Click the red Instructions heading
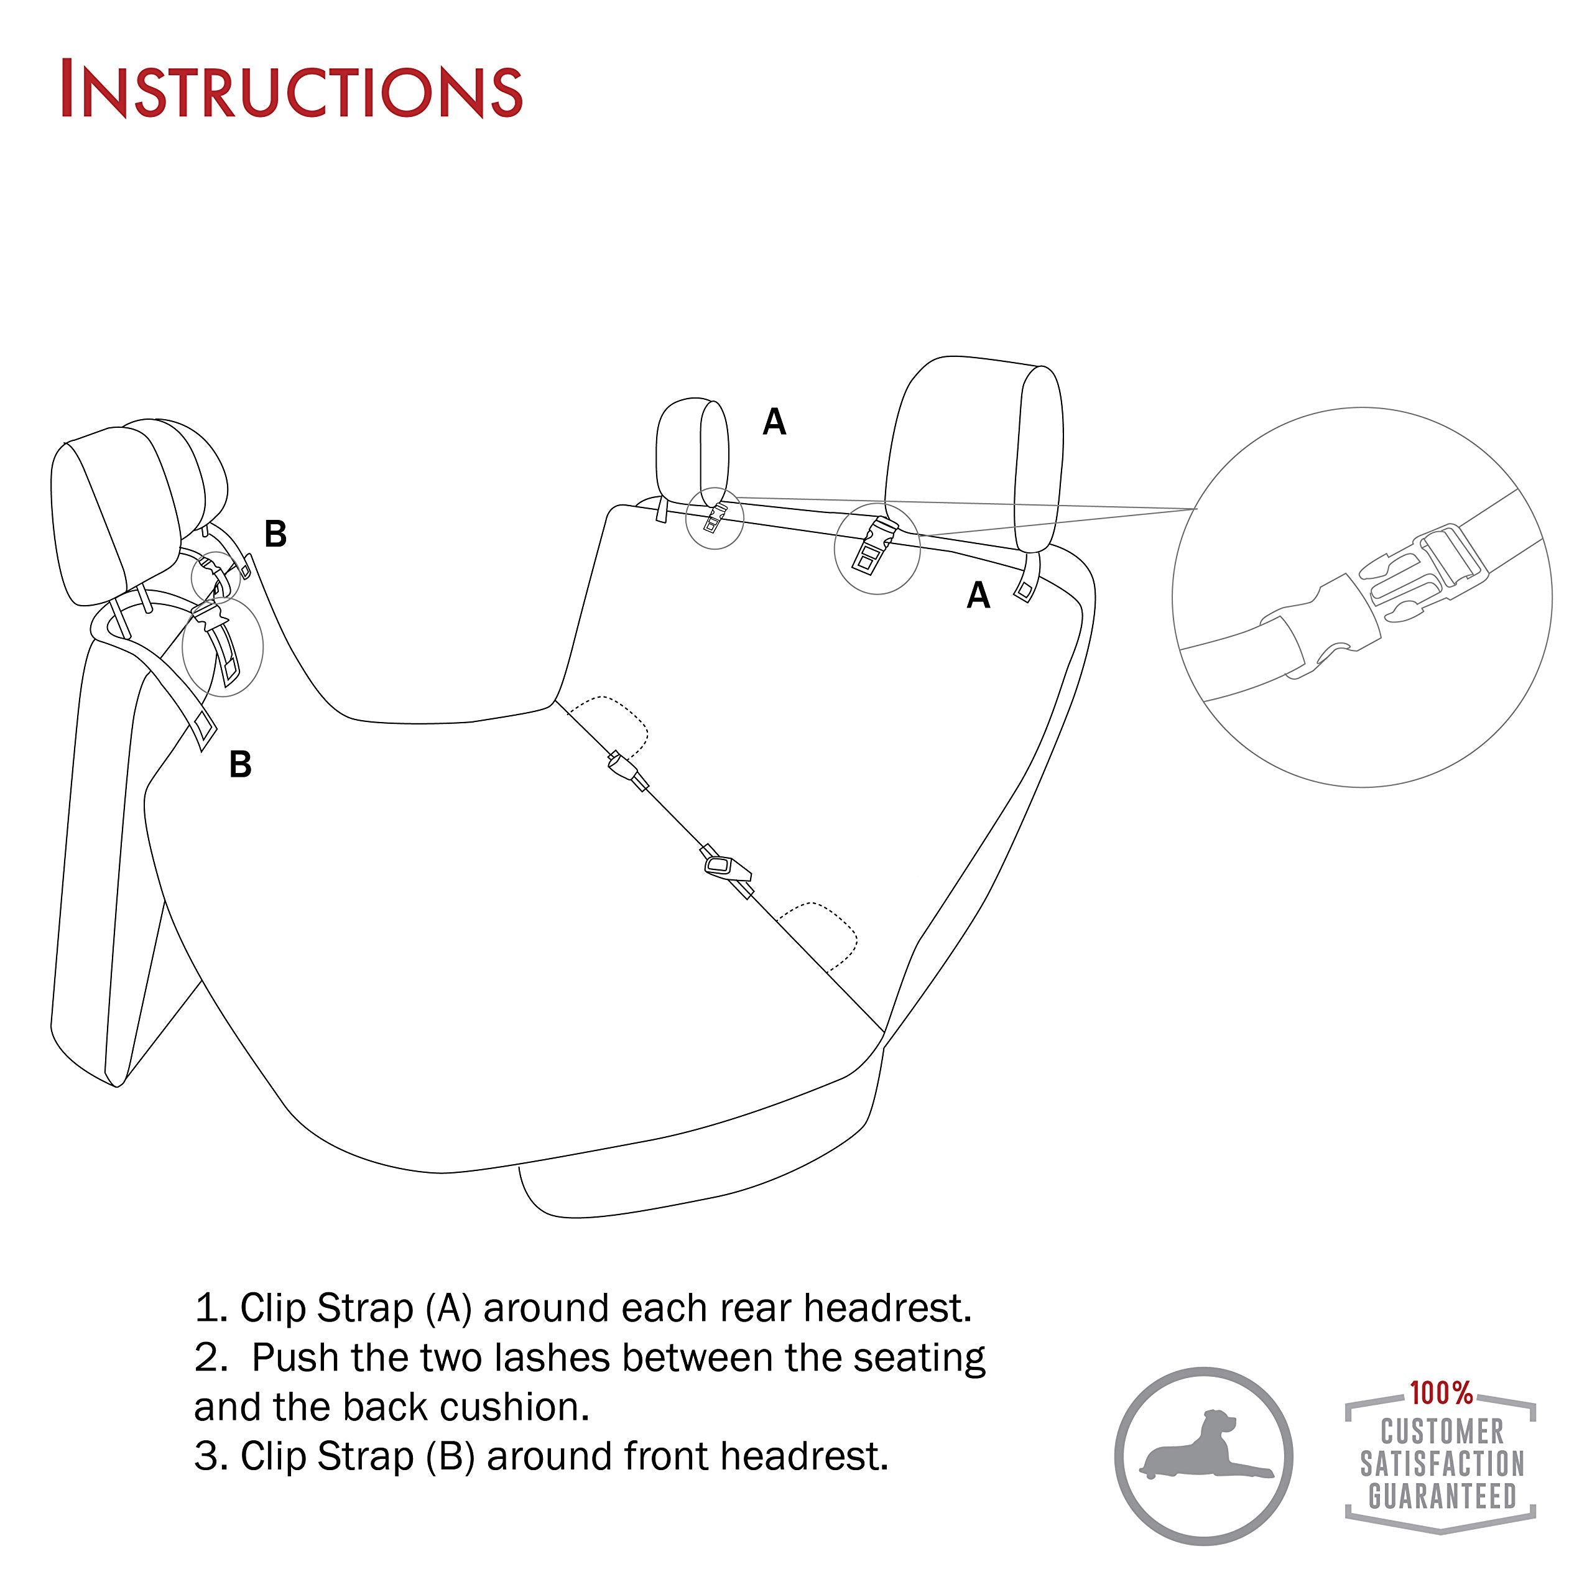[x=292, y=89]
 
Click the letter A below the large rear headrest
[x=978, y=595]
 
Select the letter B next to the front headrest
[x=275, y=534]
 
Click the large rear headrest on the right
[x=976, y=453]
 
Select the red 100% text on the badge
[x=1440, y=1392]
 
